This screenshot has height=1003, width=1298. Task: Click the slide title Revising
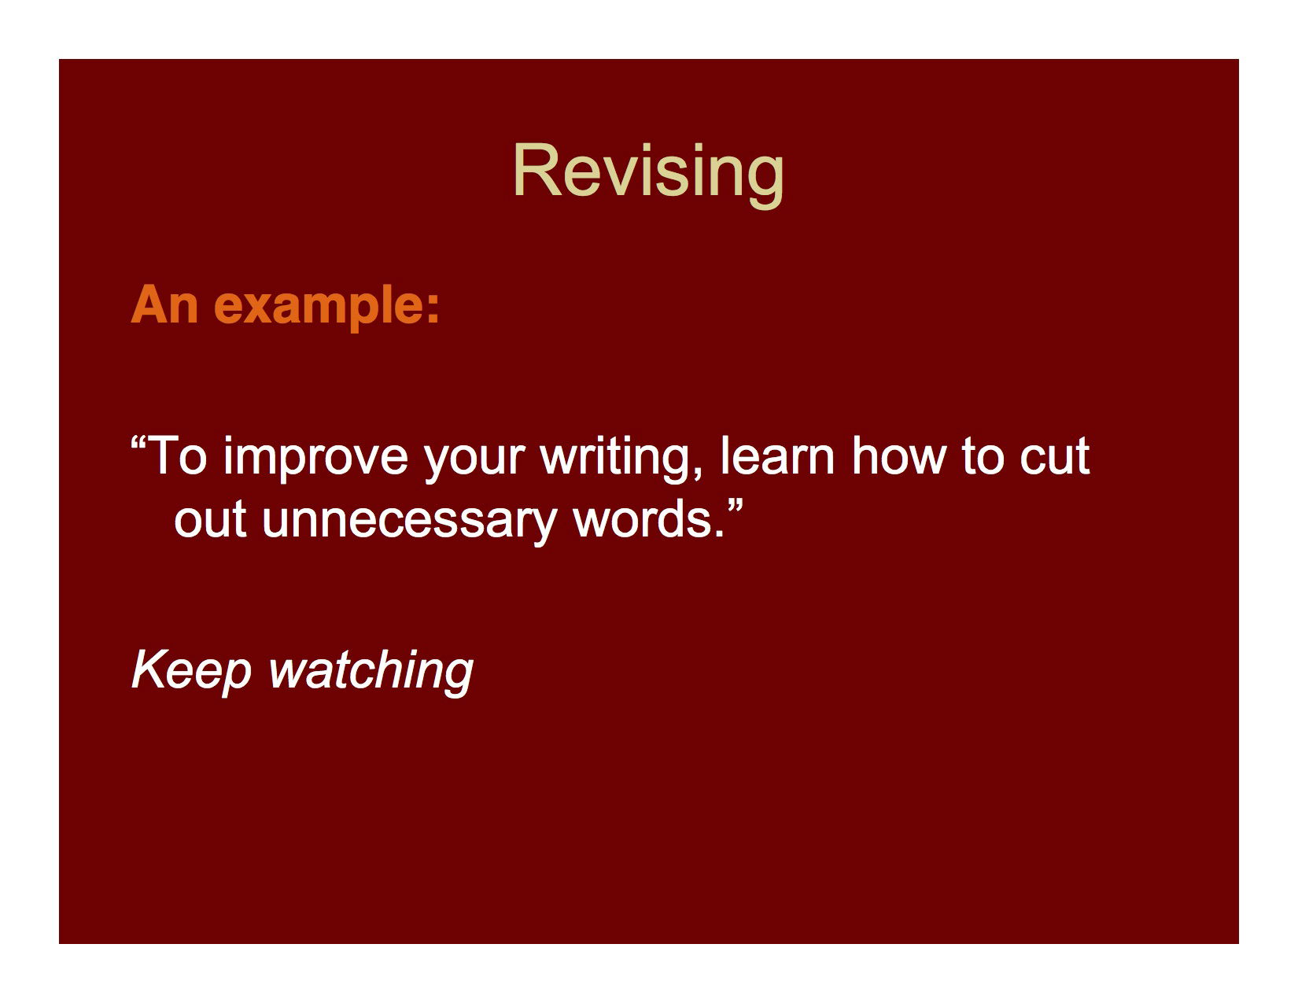click(648, 171)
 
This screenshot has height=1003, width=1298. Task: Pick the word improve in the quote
click(315, 458)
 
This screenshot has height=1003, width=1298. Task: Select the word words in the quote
click(641, 519)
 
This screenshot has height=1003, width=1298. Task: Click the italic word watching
click(371, 671)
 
